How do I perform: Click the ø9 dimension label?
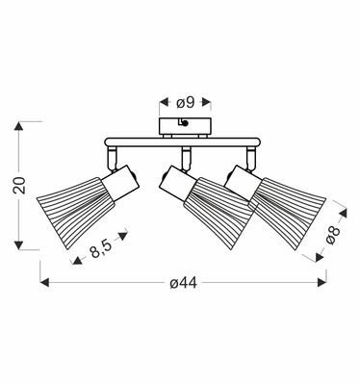[x=186, y=102]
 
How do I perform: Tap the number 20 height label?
[x=19, y=185]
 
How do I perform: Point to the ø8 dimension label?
[x=332, y=235]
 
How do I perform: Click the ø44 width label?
[x=184, y=283]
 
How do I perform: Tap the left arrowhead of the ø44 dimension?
[x=44, y=283]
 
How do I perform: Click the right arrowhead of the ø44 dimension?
[x=321, y=283]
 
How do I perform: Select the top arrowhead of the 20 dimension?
[x=19, y=126]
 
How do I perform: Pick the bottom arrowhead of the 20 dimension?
[x=19, y=245]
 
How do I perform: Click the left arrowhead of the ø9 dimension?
[x=164, y=102]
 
